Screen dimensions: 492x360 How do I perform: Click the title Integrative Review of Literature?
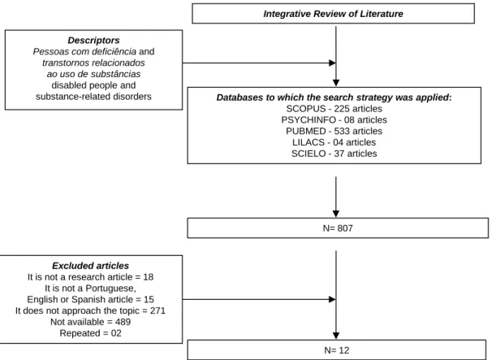[x=333, y=14]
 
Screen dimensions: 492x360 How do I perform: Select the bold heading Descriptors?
[x=93, y=40]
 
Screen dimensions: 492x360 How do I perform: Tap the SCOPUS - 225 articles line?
[x=334, y=109]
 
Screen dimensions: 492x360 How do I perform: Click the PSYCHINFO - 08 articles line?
[x=334, y=119]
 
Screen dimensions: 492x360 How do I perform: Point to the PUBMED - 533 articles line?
[x=334, y=131]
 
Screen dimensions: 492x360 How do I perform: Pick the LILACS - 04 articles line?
[x=334, y=142]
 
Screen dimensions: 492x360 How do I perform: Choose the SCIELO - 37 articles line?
[x=334, y=154]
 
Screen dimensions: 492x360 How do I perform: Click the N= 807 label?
[x=338, y=228]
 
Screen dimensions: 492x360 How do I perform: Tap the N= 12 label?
[x=337, y=350]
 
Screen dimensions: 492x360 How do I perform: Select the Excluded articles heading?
[x=90, y=266]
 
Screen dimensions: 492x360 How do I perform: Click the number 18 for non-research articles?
[x=148, y=277]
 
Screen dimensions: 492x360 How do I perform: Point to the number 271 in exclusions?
[x=158, y=310]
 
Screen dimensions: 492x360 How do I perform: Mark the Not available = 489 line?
[x=91, y=322]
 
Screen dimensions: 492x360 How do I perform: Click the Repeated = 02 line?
[x=91, y=333]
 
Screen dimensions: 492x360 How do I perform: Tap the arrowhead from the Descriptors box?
[x=332, y=63]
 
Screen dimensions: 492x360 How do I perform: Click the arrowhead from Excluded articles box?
[x=332, y=299]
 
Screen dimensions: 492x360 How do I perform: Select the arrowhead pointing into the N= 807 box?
[x=336, y=214]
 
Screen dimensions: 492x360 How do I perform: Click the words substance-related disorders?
[x=93, y=97]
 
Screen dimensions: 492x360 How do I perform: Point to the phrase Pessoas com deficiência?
[x=84, y=51]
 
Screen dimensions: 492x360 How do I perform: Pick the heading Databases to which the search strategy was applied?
[x=333, y=98]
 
